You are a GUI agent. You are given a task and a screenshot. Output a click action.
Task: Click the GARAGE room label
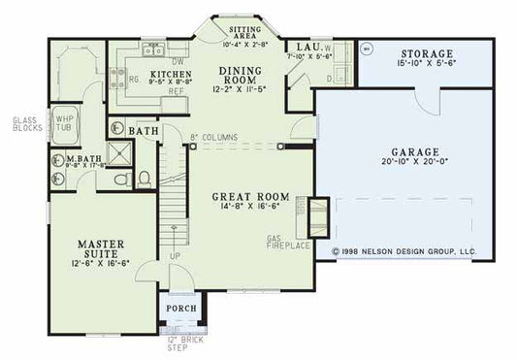tap(417, 151)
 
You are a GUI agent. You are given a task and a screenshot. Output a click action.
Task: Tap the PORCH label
tap(181, 309)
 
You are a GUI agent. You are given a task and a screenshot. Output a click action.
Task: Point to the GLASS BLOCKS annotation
tap(23, 124)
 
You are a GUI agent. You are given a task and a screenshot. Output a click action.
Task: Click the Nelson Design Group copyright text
tap(404, 249)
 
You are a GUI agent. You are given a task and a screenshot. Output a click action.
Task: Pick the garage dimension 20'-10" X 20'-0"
tap(417, 163)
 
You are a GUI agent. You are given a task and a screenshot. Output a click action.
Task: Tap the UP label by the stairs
tap(175, 256)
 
